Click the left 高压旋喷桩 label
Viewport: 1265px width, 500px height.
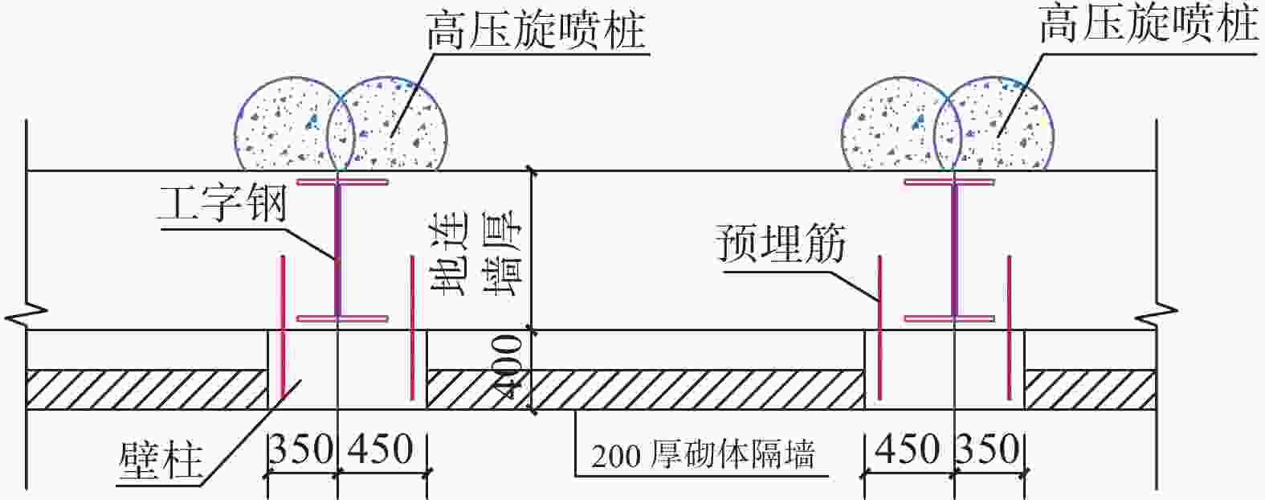click(x=537, y=31)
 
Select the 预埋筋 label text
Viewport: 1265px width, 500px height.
click(x=781, y=244)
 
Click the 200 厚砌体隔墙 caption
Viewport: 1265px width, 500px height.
click(x=704, y=455)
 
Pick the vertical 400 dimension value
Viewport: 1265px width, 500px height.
click(x=508, y=367)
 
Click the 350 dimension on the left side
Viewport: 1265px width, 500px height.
click(x=301, y=449)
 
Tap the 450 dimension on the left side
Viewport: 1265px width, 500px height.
click(x=381, y=449)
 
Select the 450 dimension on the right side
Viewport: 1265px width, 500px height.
click(x=908, y=449)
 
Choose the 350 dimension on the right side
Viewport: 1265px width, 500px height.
click(x=988, y=449)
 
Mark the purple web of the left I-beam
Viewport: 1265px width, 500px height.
click(x=337, y=249)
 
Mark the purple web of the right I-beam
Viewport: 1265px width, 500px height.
click(x=955, y=249)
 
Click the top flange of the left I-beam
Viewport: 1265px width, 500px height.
click(x=343, y=182)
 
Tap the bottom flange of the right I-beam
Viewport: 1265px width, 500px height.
click(x=949, y=318)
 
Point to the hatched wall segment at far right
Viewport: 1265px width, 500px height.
click(x=1090, y=389)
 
